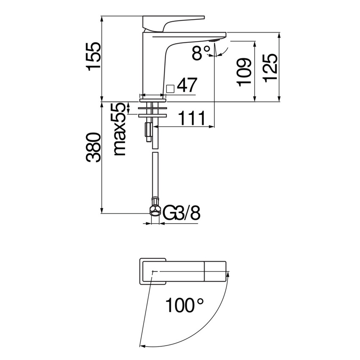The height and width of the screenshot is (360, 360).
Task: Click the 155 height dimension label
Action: [x=94, y=55]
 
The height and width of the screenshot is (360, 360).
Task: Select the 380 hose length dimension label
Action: [x=94, y=147]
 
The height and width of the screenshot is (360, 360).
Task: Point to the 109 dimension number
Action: [x=244, y=72]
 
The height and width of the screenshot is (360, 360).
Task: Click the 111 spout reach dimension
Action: [x=191, y=118]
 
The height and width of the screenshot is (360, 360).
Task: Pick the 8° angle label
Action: [x=201, y=53]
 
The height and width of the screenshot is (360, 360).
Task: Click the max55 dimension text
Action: [x=120, y=129]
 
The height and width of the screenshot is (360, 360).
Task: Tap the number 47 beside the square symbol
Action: [x=187, y=85]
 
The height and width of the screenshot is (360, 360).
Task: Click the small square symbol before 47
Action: [x=170, y=89]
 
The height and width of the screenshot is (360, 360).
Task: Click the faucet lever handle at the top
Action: [x=173, y=23]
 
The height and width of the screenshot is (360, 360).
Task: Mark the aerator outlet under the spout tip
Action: [x=214, y=40]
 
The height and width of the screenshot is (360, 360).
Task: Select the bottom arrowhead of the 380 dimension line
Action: [x=102, y=210]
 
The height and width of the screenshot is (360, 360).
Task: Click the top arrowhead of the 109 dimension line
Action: [x=255, y=44]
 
